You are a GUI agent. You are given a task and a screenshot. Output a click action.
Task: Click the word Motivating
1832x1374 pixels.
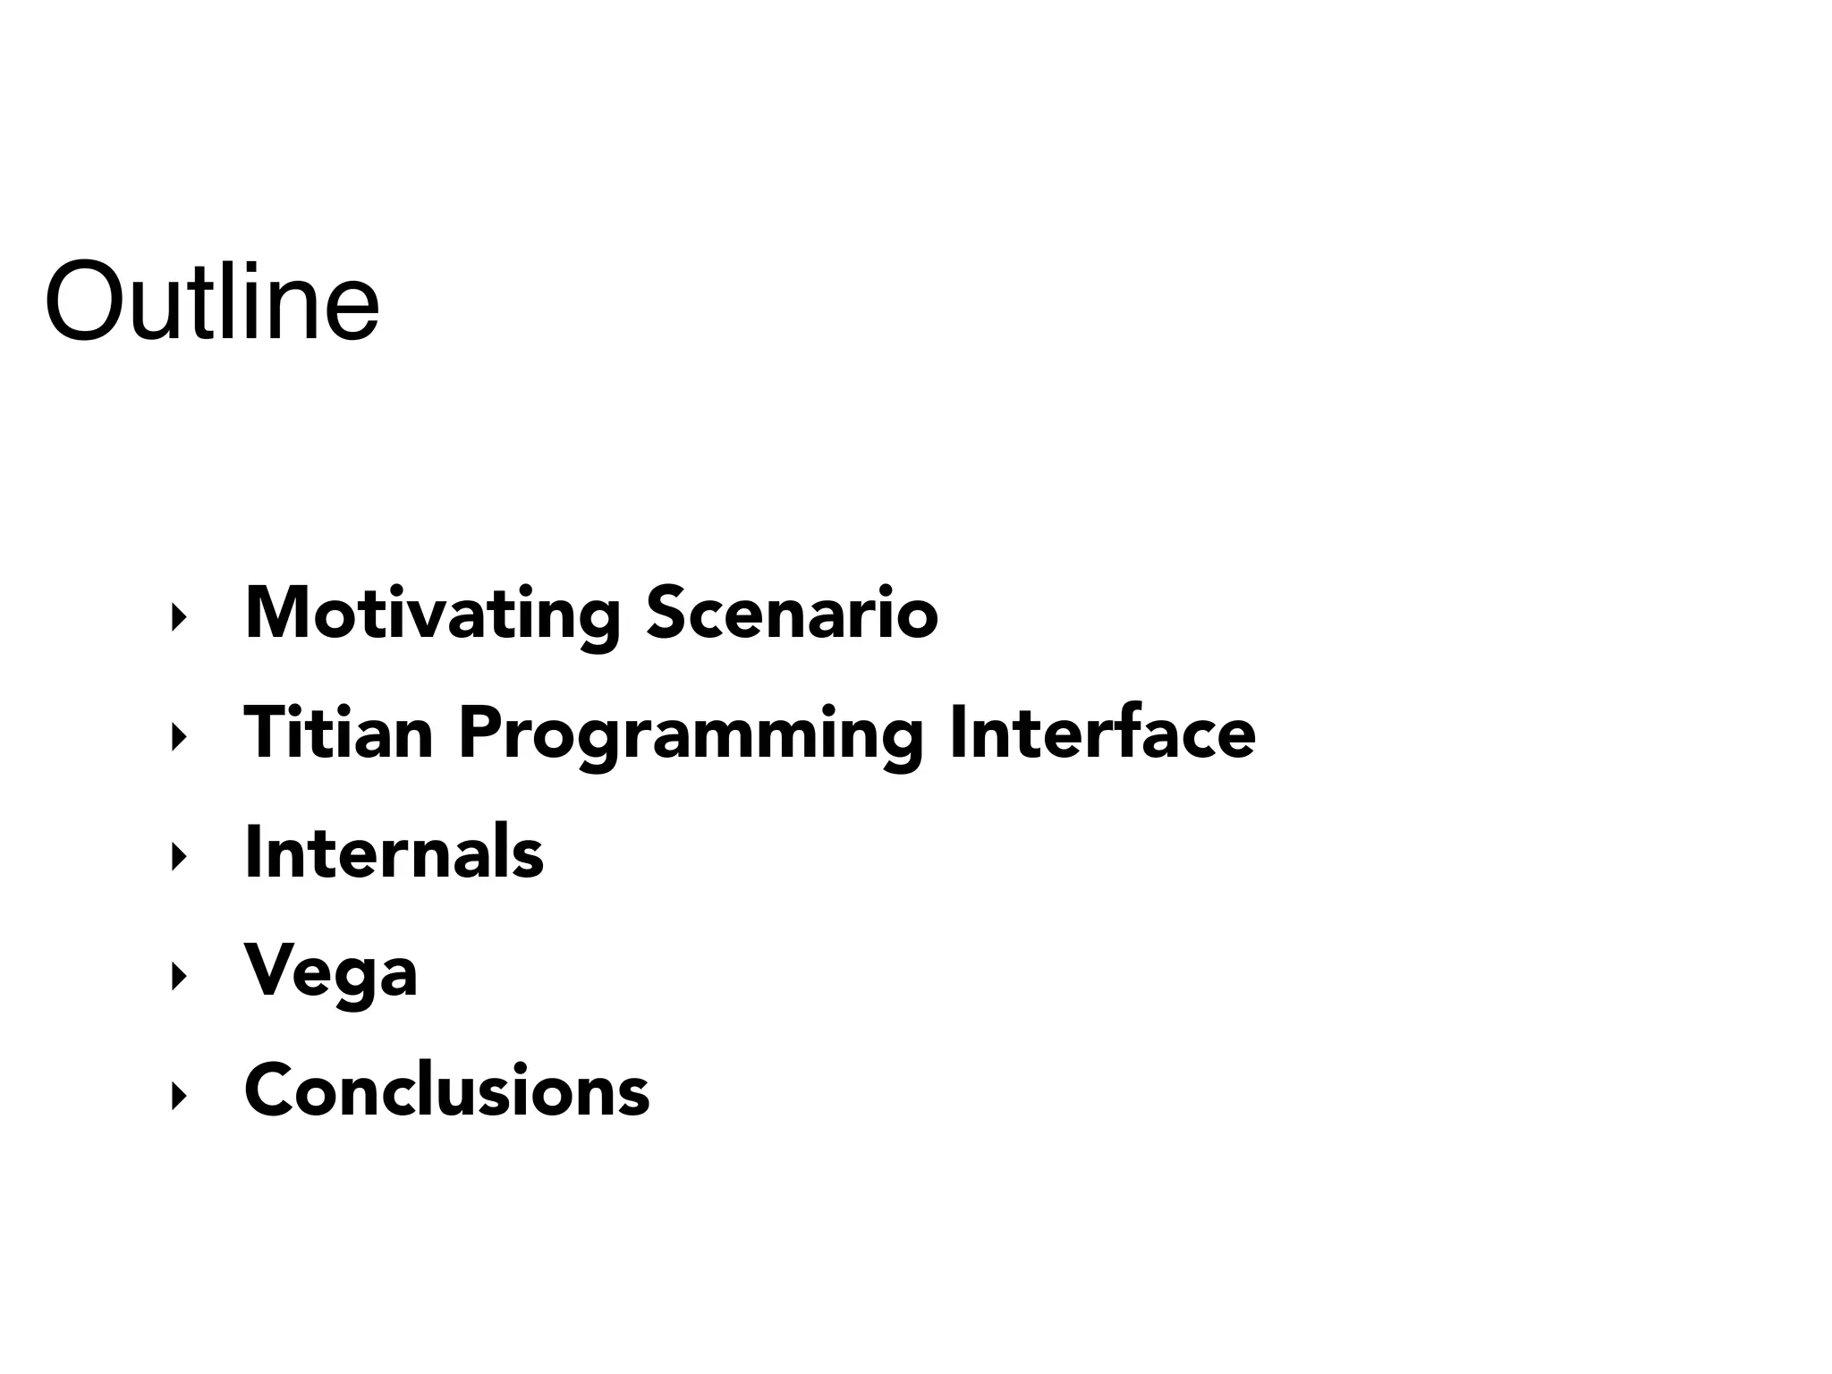pyautogui.click(x=432, y=615)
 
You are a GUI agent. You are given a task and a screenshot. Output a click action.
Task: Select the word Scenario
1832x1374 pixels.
pyautogui.click(x=792, y=615)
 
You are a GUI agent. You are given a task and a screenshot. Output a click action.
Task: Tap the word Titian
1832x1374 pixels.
pyautogui.click(x=338, y=734)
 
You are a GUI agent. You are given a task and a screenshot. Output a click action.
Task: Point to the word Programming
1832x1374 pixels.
pyautogui.click(x=690, y=735)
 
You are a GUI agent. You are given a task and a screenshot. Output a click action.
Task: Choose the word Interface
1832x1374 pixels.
pyautogui.click(x=1102, y=734)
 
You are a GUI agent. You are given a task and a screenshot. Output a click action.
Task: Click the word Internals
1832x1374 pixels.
pyautogui.click(x=394, y=852)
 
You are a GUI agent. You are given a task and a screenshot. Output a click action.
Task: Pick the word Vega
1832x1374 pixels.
pyautogui.click(x=331, y=973)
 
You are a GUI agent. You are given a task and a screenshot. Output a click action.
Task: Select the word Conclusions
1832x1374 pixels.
pyautogui.click(x=446, y=1090)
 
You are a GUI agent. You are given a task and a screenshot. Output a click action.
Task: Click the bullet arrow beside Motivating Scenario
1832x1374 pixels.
pyautogui.click(x=178, y=617)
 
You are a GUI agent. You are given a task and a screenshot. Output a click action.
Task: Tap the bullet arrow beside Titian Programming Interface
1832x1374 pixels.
pyautogui.click(x=178, y=737)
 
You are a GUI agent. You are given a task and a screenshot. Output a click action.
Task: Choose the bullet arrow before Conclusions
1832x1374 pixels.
pyautogui.click(x=178, y=1095)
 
